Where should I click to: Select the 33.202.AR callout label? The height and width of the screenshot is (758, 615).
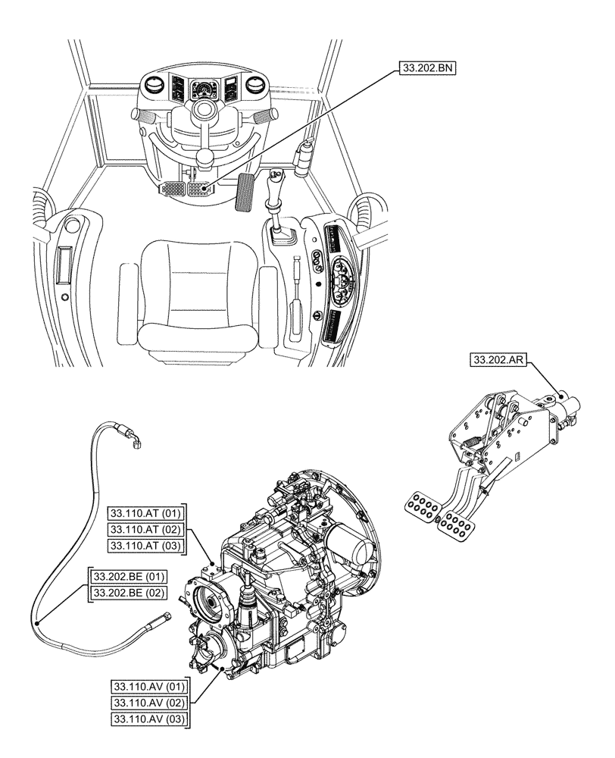click(498, 360)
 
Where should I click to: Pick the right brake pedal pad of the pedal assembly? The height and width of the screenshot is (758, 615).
click(457, 522)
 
